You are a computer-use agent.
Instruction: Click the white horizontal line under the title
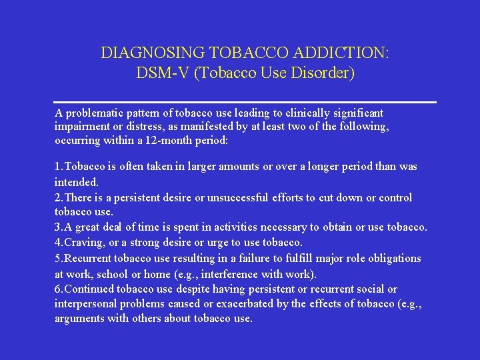pos(245,102)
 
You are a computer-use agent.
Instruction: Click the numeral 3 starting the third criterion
pos(57,228)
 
